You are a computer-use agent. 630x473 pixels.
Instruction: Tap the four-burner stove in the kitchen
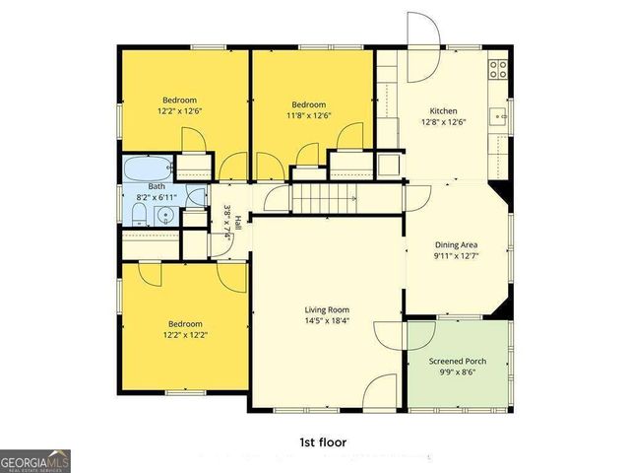[x=498, y=69]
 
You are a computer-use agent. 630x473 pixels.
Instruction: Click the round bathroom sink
[x=167, y=216]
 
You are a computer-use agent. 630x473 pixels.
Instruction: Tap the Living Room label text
[x=326, y=309]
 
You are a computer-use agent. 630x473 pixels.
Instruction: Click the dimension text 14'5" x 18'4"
[x=326, y=320]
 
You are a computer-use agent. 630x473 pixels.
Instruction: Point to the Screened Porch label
[x=458, y=361]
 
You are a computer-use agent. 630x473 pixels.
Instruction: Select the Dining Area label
[x=457, y=245]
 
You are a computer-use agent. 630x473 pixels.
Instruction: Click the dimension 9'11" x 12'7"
[x=457, y=257]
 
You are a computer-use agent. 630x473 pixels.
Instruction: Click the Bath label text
[x=157, y=186]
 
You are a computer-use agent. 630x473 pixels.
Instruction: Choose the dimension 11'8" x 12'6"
[x=310, y=115]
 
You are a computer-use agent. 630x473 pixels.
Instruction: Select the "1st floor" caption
[x=323, y=442]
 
